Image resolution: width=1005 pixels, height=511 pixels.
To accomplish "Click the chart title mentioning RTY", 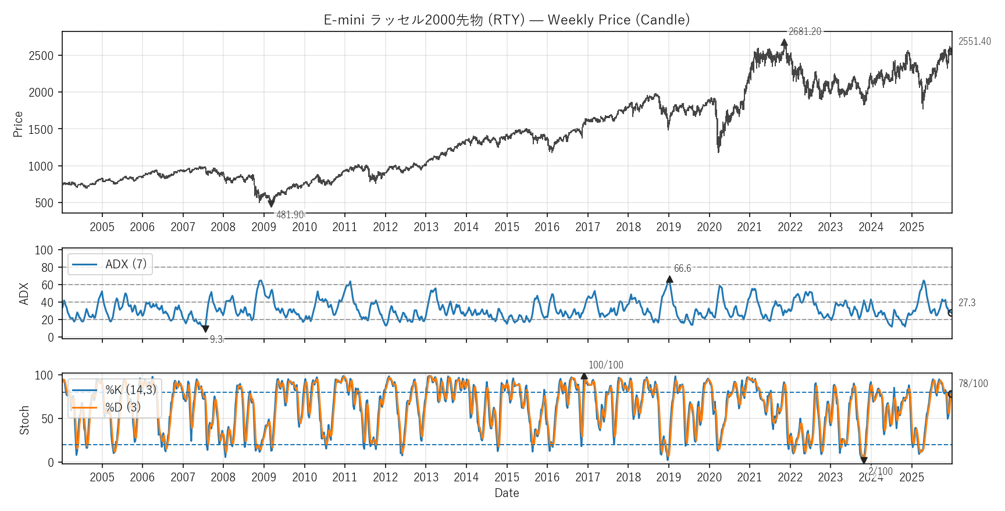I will pyautogui.click(x=507, y=20).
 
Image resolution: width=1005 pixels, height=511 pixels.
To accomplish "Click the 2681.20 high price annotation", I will pyautogui.click(x=804, y=31).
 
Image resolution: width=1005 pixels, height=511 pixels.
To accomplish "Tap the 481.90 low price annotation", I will pyautogui.click(x=290, y=215).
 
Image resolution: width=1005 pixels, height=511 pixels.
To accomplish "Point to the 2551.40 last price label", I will pyautogui.click(x=974, y=41).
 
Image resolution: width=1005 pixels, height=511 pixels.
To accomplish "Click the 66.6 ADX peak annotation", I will pyautogui.click(x=682, y=268).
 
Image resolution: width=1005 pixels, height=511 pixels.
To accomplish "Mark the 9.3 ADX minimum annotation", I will pyautogui.click(x=216, y=339).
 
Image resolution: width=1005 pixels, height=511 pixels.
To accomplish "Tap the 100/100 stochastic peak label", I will pyautogui.click(x=605, y=365).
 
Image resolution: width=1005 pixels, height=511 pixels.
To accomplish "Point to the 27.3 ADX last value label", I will pyautogui.click(x=967, y=303).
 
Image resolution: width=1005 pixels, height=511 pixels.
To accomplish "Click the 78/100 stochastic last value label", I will pyautogui.click(x=973, y=384).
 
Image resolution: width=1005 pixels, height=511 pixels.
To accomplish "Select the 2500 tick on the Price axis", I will pyautogui.click(x=41, y=56).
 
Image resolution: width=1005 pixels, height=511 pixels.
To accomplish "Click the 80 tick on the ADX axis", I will pyautogui.click(x=47, y=268).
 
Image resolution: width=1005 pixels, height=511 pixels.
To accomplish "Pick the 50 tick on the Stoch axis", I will pyautogui.click(x=47, y=418).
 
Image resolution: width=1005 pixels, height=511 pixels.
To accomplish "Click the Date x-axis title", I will pyautogui.click(x=507, y=493).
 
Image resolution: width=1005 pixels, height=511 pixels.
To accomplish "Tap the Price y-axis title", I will pyautogui.click(x=18, y=124).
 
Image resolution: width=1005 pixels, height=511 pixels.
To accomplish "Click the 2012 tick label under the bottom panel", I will pyautogui.click(x=385, y=477).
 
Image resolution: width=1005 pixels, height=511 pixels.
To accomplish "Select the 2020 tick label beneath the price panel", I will pyautogui.click(x=709, y=227).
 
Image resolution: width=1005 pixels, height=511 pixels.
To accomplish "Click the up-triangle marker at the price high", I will pyautogui.click(x=784, y=42).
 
